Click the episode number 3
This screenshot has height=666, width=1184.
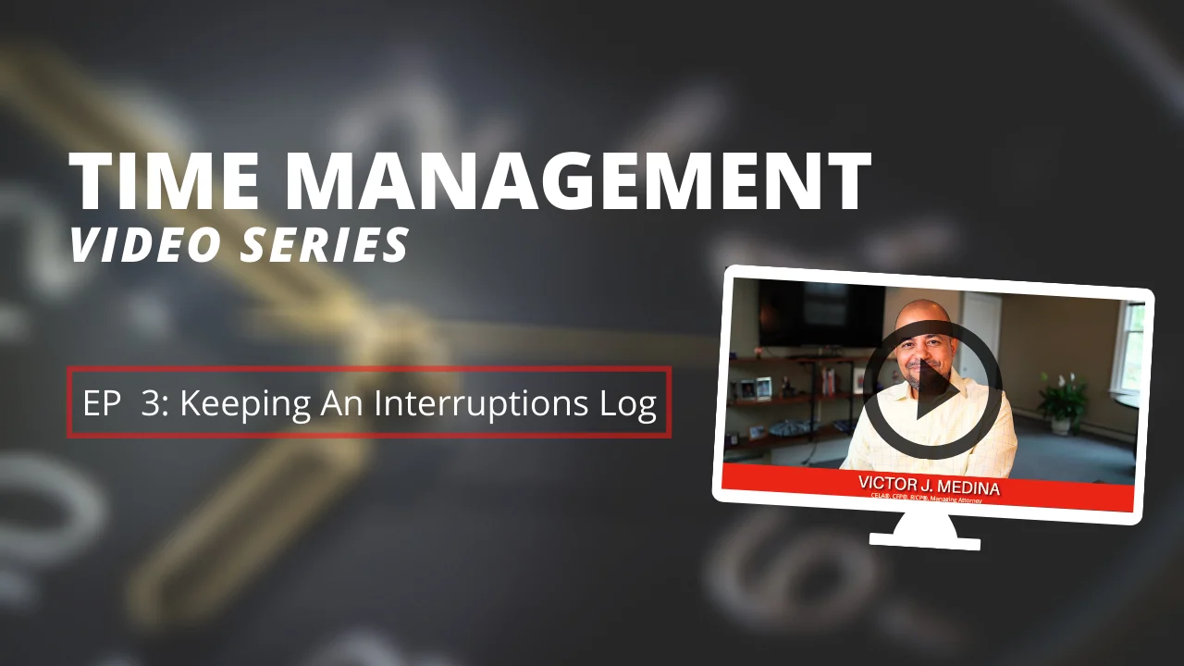coord(149,404)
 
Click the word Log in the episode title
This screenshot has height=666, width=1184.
coord(629,404)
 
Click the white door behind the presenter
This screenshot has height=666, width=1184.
coord(980,333)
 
